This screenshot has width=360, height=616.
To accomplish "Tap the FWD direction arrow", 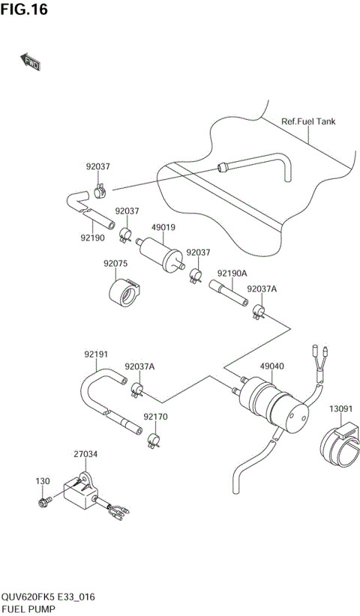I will coord(31,64).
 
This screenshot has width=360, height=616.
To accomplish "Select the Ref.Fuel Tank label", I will coord(308,121).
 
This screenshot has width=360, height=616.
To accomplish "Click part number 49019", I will coord(163,226).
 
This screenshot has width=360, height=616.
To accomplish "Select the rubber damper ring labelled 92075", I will coord(124,291).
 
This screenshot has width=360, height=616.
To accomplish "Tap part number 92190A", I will coord(232,274).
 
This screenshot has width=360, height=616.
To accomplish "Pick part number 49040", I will coord(271,366).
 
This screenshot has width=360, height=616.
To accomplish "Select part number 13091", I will coord(340,408).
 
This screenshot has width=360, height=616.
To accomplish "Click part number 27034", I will coord(85,453).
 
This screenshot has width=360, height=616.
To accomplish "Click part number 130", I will coord(42,480).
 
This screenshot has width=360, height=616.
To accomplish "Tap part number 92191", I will coord(96,354).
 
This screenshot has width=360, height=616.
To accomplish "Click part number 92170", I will coord(154,416).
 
